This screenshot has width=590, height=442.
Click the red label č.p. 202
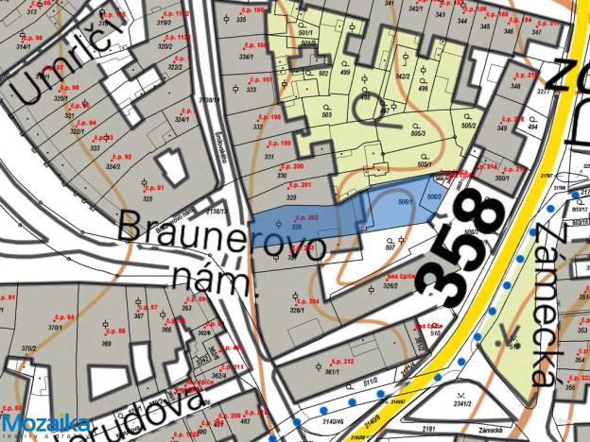(x=304, y=218)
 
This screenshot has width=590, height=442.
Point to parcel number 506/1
(x=404, y=201)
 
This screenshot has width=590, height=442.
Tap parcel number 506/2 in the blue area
(x=434, y=195)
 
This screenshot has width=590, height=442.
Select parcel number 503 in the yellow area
(x=326, y=114)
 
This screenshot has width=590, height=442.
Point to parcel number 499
(x=344, y=72)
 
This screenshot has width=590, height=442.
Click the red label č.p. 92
(x=123, y=156)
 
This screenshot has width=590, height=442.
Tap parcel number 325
(x=147, y=199)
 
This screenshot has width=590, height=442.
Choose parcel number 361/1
(x=332, y=374)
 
